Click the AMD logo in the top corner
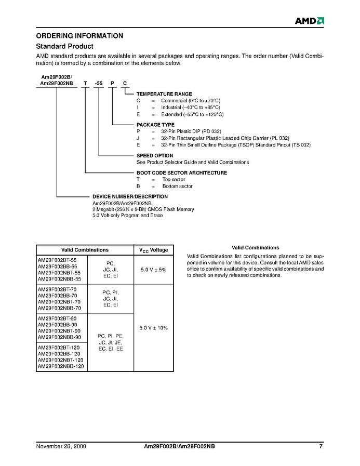coord(310,21)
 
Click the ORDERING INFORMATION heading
coord(79,36)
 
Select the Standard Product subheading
coord(64,46)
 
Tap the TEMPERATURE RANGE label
coord(164,94)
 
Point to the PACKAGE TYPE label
coord(155,125)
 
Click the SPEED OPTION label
coord(155,155)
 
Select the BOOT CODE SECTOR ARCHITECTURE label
coord(182,172)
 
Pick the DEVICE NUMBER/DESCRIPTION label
coord(130,196)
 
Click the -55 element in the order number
coord(98,83)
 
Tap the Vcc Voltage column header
coord(153,250)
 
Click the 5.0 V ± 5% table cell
coord(153,270)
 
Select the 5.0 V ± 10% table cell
coord(153,328)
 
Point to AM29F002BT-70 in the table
coord(57,289)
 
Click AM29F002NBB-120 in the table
coord(61,366)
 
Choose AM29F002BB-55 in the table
coord(57,266)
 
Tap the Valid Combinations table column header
coord(85,250)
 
